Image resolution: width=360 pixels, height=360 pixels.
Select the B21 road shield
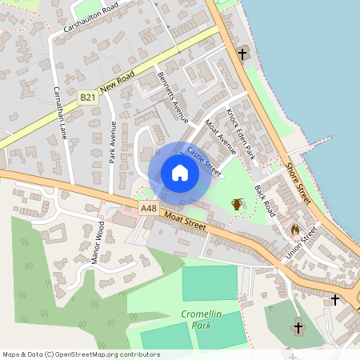click(88, 98)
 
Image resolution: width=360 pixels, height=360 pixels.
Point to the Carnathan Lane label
click(59, 112)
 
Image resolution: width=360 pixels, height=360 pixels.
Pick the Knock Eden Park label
click(239, 134)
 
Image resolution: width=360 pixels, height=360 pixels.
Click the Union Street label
click(302, 244)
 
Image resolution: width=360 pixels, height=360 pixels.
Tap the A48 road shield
click(148, 209)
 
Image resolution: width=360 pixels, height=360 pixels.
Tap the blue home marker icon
click(180, 173)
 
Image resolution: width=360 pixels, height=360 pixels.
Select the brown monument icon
click(237, 204)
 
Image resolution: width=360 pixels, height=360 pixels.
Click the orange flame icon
click(294, 229)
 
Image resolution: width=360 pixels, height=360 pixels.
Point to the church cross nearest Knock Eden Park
click(242, 54)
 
